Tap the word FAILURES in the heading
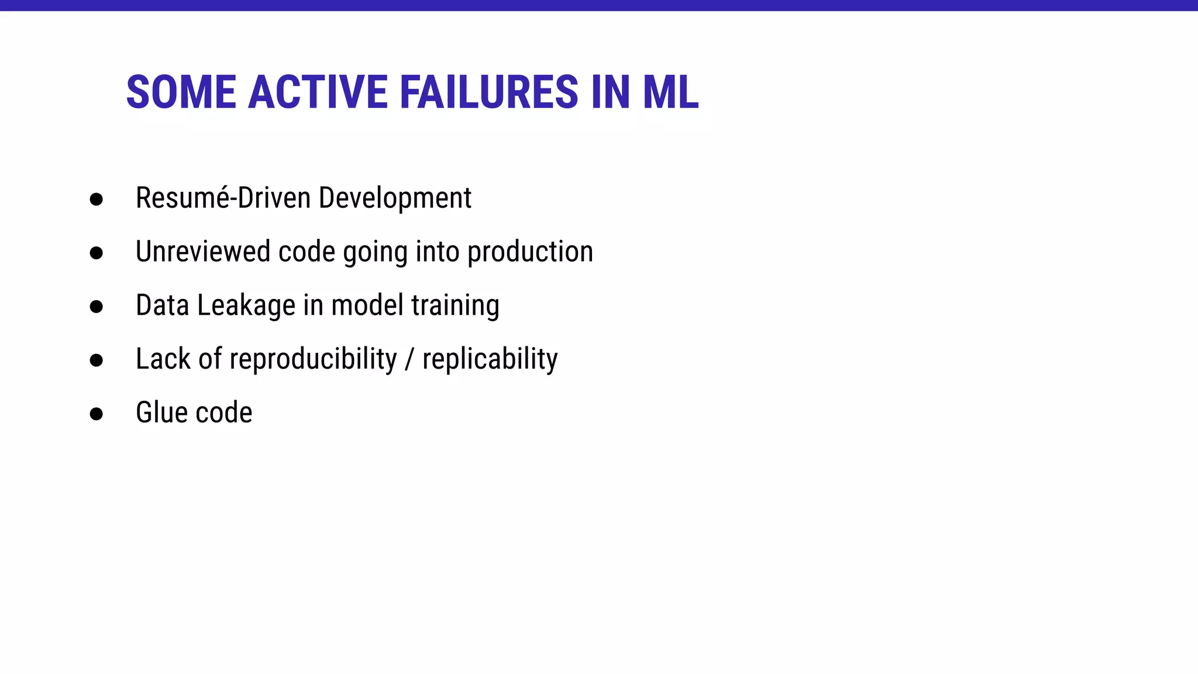pos(490,92)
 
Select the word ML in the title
pos(670,92)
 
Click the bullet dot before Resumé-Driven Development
pos(97,200)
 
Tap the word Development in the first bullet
pos(395,198)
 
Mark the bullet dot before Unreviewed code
pos(97,253)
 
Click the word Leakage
pos(246,306)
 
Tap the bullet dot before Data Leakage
pos(97,307)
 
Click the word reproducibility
pos(313,359)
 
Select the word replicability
pos(490,359)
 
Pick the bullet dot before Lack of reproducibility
pos(97,360)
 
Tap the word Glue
pos(161,412)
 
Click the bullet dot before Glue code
pos(97,414)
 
